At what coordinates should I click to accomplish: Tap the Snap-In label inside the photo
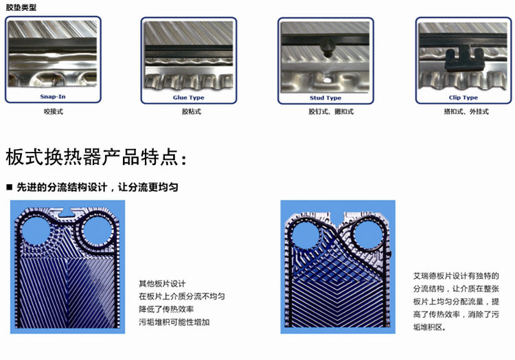[53, 98]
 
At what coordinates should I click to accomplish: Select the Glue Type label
[188, 98]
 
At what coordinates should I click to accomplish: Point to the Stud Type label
[325, 98]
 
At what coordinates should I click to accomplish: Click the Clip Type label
[463, 98]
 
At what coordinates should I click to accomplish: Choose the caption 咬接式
[53, 111]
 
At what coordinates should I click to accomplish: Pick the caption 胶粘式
[189, 111]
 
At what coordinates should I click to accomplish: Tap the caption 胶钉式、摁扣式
[325, 111]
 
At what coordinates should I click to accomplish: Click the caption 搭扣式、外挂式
[463, 111]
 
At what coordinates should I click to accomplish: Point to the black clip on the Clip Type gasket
[461, 58]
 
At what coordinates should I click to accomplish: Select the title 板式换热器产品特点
[96, 157]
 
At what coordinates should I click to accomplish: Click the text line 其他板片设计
[162, 283]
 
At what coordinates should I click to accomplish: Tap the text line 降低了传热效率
[166, 309]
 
